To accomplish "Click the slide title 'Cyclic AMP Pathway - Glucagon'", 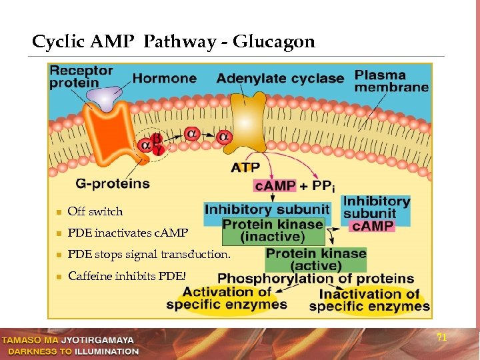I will pos(173,42).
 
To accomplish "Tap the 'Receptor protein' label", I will pos(81,77).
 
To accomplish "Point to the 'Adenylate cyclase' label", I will pos(280,78).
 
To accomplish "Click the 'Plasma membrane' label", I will pos(391,81).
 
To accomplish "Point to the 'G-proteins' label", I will pos(113,183).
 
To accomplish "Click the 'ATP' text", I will pos(245,167).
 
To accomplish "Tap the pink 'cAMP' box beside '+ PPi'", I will pos(275,185).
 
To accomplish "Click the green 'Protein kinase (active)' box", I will pos(315,259).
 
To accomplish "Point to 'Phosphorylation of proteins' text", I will pos(315,279).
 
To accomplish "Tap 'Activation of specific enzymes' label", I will pos(227,298).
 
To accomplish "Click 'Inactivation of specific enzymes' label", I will pos(369,300).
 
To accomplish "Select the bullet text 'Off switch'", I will pos(95,212).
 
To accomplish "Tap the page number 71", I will pos(441,337).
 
